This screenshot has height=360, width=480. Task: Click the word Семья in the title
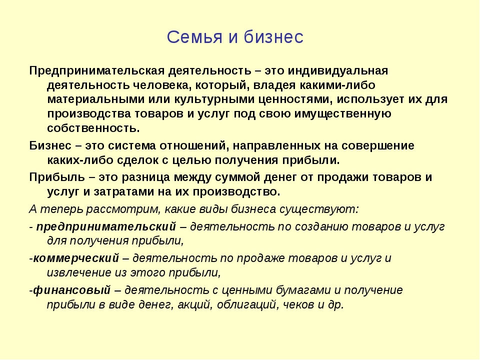(x=194, y=37)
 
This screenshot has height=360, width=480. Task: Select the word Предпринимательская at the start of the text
(x=97, y=71)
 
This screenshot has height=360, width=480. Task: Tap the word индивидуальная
(x=337, y=71)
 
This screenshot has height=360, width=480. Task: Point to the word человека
(x=162, y=85)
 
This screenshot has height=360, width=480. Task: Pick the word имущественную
(x=343, y=114)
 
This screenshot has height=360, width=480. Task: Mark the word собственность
(x=93, y=128)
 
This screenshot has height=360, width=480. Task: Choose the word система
(x=132, y=145)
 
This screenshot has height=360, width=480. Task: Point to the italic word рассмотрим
(x=123, y=209)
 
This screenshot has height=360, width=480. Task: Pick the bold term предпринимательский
(x=106, y=227)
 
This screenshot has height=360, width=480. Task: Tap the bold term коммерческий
(x=76, y=258)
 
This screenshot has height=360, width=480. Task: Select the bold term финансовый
(x=71, y=290)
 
